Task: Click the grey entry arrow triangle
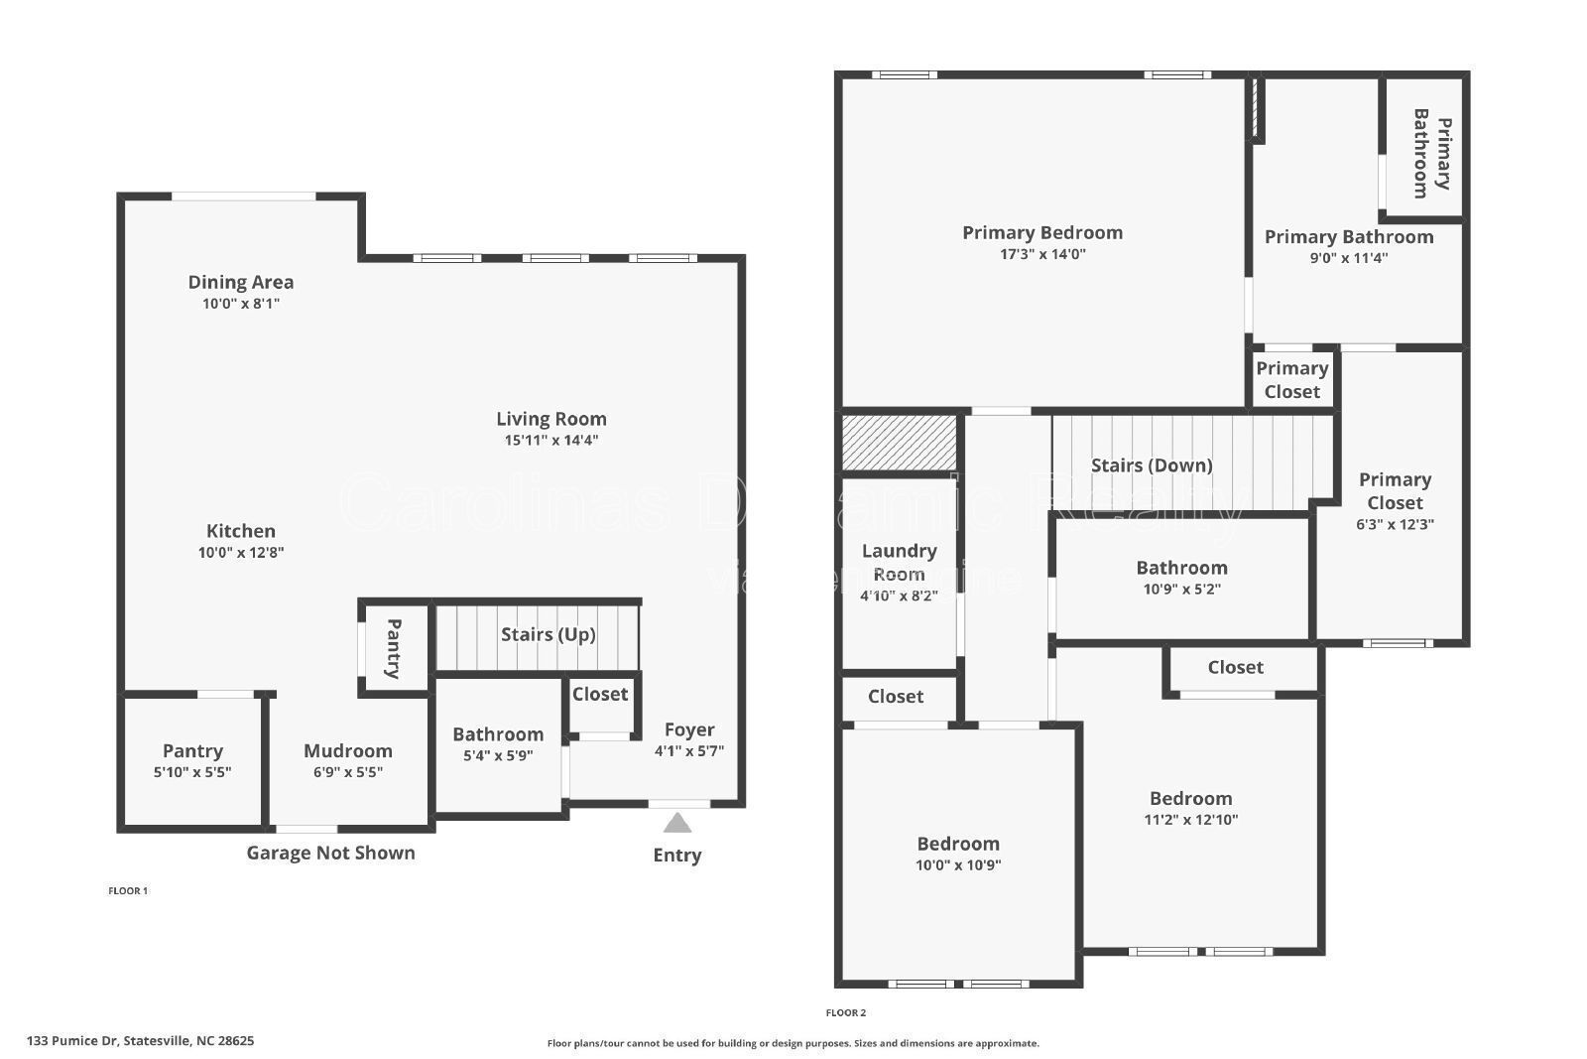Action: (676, 823)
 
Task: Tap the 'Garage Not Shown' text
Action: (330, 853)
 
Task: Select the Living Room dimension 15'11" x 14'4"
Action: (550, 441)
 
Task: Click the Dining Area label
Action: (241, 282)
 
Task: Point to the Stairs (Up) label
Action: (548, 634)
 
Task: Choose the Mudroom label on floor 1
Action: (347, 751)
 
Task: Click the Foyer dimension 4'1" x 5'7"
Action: (688, 751)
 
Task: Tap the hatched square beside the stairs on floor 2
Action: (899, 443)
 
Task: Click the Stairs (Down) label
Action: (1151, 465)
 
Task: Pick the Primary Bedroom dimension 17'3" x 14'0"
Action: (1042, 254)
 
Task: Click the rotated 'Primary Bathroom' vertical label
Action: (1430, 153)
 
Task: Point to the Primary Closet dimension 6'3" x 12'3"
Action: (1394, 525)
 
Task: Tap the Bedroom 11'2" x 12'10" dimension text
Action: (1190, 820)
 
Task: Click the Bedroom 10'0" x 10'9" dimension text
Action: (957, 864)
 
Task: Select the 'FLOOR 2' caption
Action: (845, 1012)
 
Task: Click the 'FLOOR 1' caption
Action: (127, 890)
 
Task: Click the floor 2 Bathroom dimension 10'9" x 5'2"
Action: (1181, 589)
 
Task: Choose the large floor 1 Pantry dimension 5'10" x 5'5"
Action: (192, 772)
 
